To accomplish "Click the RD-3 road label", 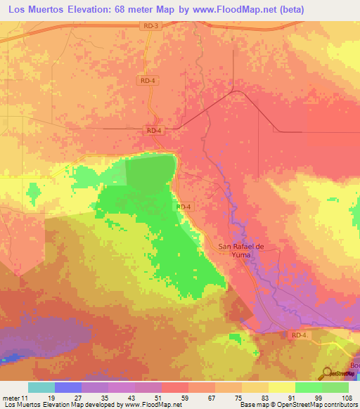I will (148, 26).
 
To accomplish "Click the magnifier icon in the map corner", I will (328, 373).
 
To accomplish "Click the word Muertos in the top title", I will (54, 9).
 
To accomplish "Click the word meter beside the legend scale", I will (11, 398).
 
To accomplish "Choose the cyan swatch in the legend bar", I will (41, 387).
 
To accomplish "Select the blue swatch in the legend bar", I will (68, 387).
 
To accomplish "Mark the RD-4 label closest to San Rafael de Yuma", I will (184, 207).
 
